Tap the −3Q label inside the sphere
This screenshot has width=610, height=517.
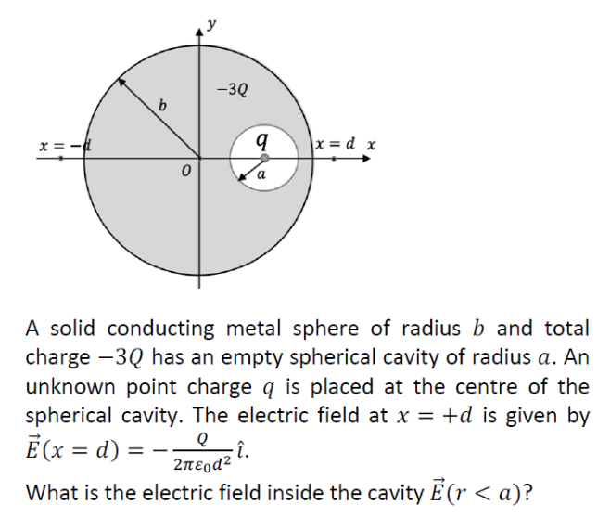pos(231,91)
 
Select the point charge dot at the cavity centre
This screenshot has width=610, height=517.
pos(264,159)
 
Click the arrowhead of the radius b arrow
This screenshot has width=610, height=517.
pos(119,83)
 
